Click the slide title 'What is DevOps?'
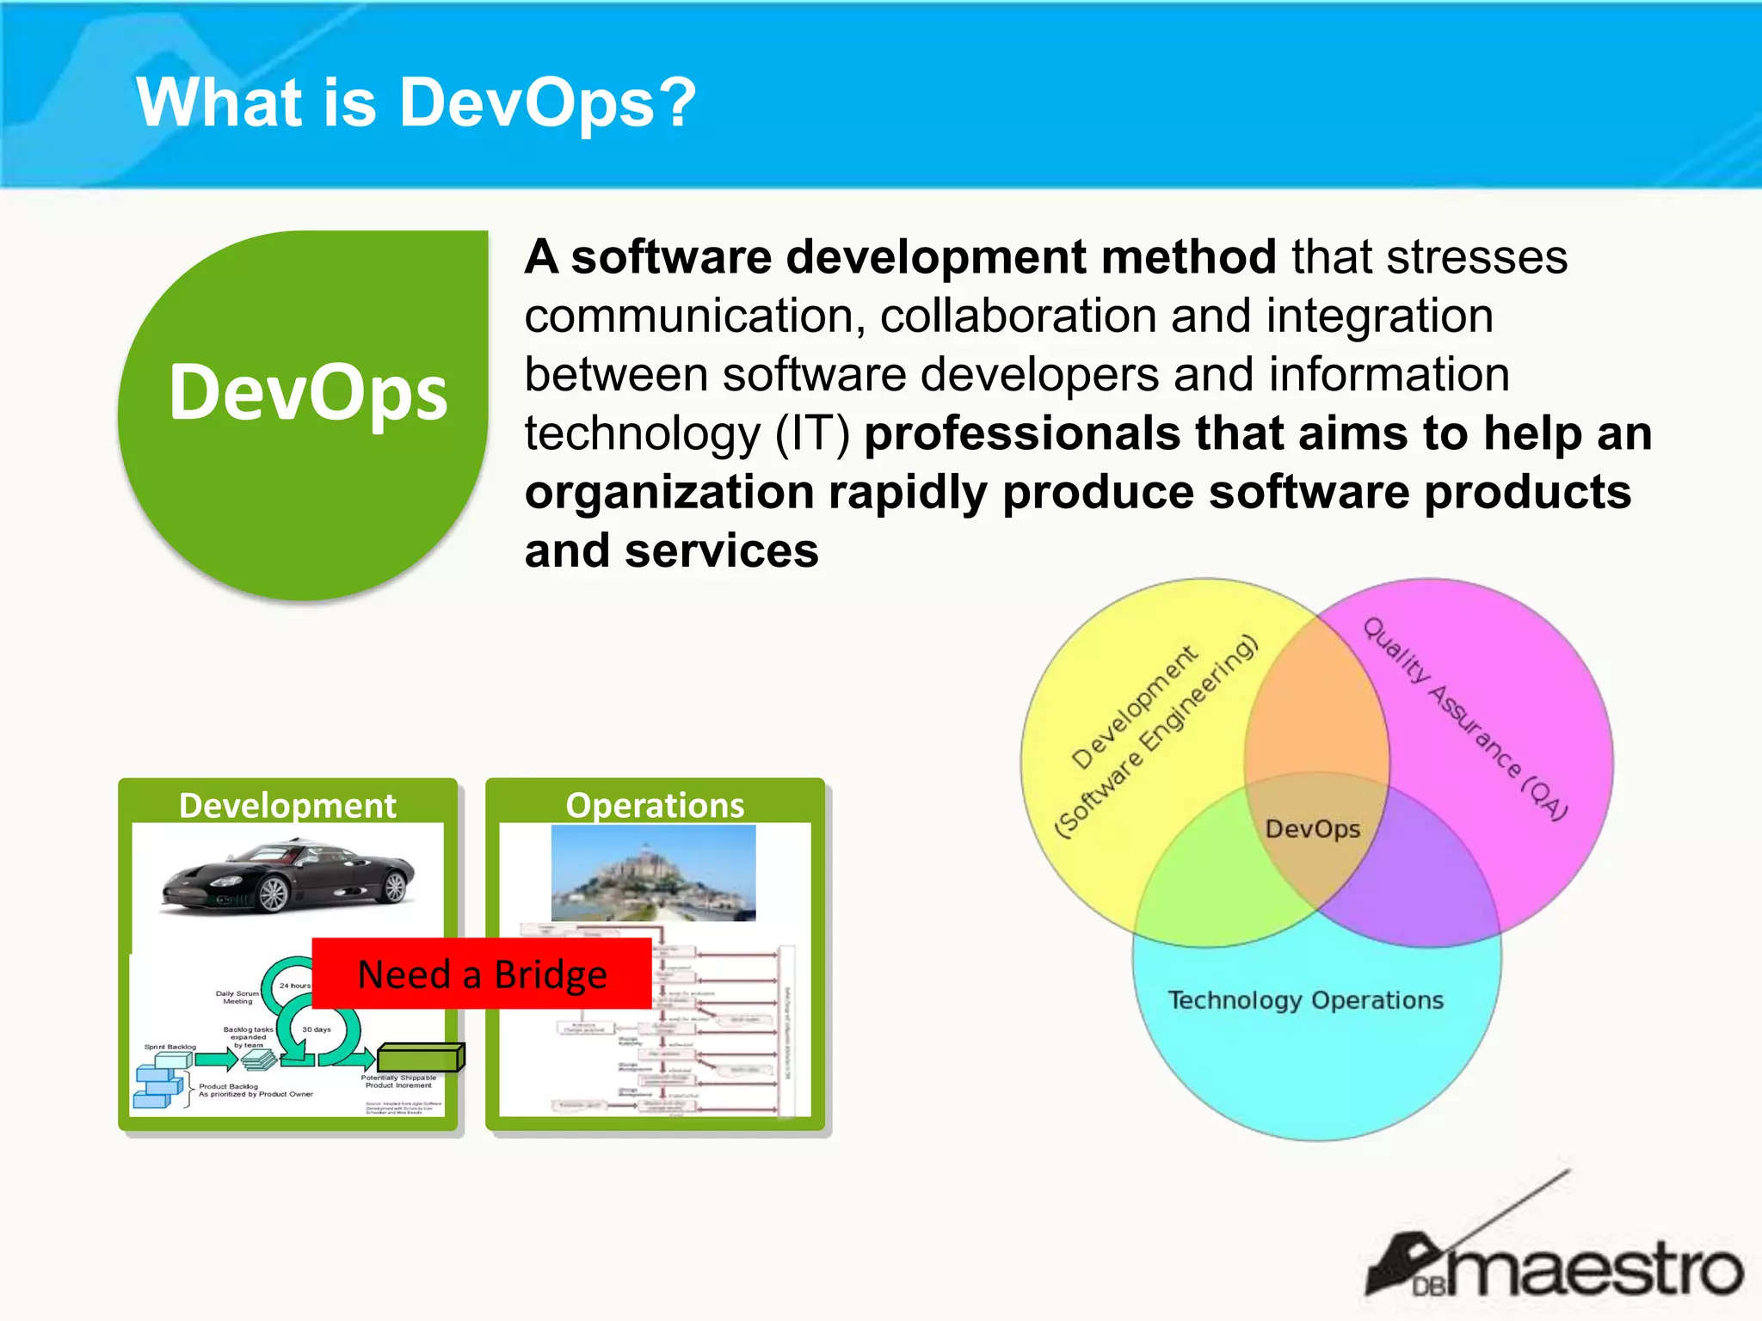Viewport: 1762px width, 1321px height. point(416,102)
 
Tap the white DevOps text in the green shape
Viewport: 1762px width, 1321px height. point(308,393)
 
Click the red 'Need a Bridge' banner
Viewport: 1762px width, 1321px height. point(482,974)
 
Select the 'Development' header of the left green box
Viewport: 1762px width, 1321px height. point(287,806)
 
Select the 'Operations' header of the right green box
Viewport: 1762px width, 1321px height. point(655,806)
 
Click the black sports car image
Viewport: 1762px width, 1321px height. point(288,877)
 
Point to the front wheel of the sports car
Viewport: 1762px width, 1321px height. point(273,895)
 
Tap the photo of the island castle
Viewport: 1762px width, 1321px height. point(653,873)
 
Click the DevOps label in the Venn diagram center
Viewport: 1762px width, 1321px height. point(1312,829)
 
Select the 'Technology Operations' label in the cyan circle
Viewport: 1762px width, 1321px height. point(1305,1000)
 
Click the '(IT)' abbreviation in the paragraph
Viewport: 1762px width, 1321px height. point(812,433)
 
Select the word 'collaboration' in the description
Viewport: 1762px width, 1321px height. point(1017,316)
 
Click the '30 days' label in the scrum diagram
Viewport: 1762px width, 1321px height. point(316,1029)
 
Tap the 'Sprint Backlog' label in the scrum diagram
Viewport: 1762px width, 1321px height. point(170,1047)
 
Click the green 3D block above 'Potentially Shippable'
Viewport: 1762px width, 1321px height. point(421,1058)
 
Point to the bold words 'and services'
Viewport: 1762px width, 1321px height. point(671,550)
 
